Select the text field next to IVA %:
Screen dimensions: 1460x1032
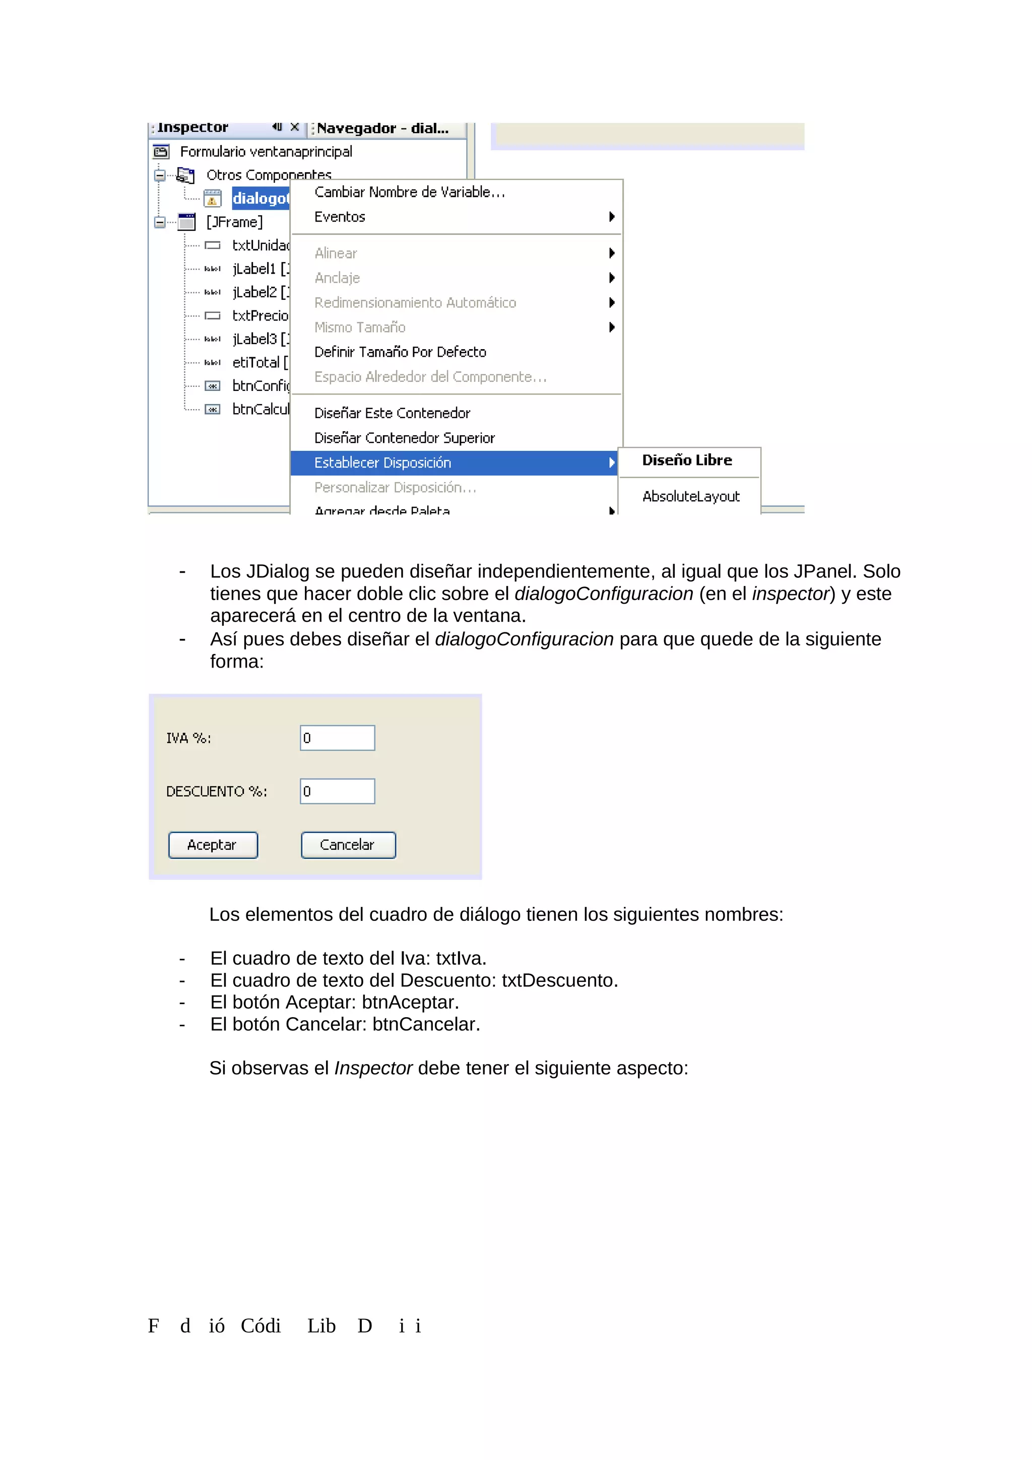click(x=337, y=738)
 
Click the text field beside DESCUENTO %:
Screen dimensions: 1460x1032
click(x=337, y=791)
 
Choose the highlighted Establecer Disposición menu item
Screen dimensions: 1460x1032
click(x=383, y=463)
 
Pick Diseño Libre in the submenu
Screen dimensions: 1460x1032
click(x=687, y=460)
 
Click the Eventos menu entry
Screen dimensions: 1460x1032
click(x=340, y=217)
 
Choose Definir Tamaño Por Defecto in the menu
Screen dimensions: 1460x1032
click(x=400, y=352)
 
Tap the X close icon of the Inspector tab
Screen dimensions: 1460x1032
click(x=294, y=127)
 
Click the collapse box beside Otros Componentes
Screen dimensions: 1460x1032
click(x=160, y=175)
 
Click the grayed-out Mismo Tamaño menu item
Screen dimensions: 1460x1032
click(x=360, y=327)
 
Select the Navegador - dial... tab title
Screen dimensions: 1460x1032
click(x=383, y=128)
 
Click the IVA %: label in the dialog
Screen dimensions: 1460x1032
click(x=188, y=738)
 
